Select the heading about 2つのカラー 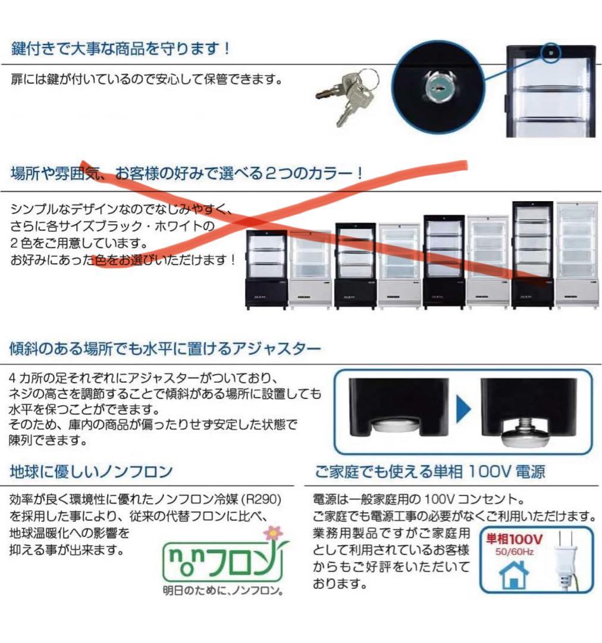pyautogui.click(x=187, y=174)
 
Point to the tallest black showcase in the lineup pyautogui.click(x=532, y=254)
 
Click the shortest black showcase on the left pyautogui.click(x=266, y=269)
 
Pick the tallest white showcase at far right pyautogui.click(x=576, y=254)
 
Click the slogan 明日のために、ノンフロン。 pyautogui.click(x=223, y=591)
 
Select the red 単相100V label pyautogui.click(x=515, y=539)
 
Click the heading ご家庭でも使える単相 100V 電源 pyautogui.click(x=429, y=472)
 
